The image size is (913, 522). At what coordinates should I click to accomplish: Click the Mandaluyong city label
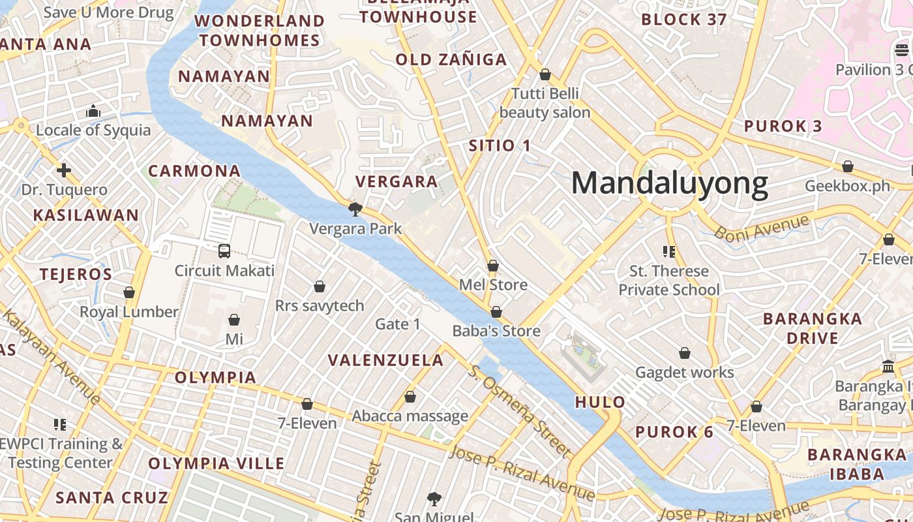[x=669, y=183]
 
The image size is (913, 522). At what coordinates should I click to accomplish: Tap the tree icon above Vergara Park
[x=355, y=209]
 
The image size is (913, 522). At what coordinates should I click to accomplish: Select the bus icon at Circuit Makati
[x=224, y=251]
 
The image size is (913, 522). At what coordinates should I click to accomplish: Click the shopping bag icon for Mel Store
[x=493, y=266]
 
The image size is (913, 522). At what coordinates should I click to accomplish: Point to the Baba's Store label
[x=496, y=331]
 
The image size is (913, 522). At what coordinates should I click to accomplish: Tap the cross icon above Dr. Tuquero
[x=64, y=171]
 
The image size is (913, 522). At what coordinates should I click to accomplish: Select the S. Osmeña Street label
[x=519, y=410]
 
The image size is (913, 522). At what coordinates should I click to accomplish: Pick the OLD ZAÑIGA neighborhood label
[x=451, y=60]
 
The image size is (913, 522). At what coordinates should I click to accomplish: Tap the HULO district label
[x=600, y=402]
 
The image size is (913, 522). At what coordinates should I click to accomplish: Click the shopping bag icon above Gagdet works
[x=685, y=353]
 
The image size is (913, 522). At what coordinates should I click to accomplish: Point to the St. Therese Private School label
[x=669, y=281]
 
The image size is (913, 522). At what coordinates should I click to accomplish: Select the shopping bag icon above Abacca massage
[x=410, y=397]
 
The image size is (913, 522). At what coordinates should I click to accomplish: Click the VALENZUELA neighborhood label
[x=385, y=360]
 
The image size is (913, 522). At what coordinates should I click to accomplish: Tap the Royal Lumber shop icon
[x=129, y=292]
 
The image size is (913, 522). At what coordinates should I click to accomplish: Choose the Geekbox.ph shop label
[x=847, y=186]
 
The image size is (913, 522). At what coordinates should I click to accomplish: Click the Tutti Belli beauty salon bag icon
[x=545, y=74]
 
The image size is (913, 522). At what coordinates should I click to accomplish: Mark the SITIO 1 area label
[x=500, y=146]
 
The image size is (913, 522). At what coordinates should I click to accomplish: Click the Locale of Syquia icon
[x=93, y=112]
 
